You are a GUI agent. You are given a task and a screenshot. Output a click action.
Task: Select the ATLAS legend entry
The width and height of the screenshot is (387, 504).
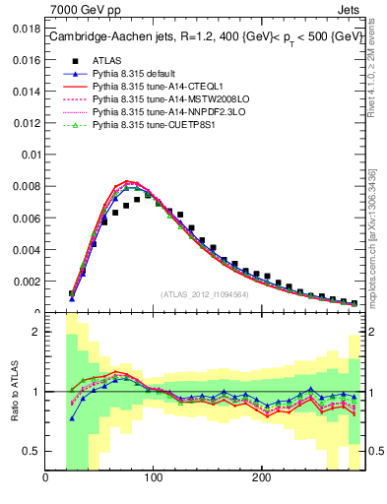(105, 59)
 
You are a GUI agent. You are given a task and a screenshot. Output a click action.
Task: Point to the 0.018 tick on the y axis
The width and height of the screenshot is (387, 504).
(27, 31)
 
